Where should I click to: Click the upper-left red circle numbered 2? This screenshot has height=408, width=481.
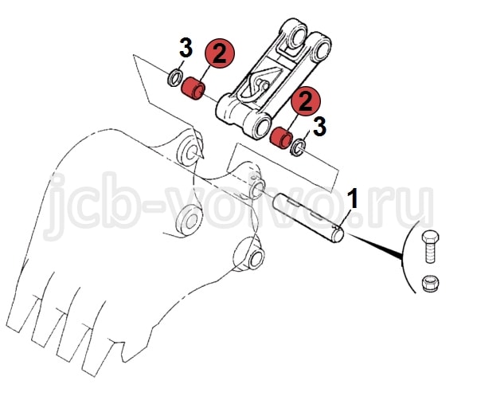[219, 53]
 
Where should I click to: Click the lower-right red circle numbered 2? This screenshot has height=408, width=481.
[306, 101]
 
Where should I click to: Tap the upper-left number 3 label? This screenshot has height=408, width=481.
[186, 48]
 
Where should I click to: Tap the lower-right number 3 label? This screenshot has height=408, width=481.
[319, 127]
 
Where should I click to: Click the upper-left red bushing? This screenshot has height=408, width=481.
[194, 88]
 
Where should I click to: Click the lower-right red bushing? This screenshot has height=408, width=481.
[280, 138]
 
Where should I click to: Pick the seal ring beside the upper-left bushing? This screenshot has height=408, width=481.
[175, 78]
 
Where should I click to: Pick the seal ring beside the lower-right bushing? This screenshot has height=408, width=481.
[299, 147]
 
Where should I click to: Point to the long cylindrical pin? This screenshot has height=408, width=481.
[308, 217]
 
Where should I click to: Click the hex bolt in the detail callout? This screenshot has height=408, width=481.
[430, 246]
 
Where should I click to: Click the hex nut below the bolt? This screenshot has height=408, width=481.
[430, 284]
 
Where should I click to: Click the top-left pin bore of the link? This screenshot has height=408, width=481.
[296, 36]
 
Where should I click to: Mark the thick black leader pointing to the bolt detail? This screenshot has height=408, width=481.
[374, 245]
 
